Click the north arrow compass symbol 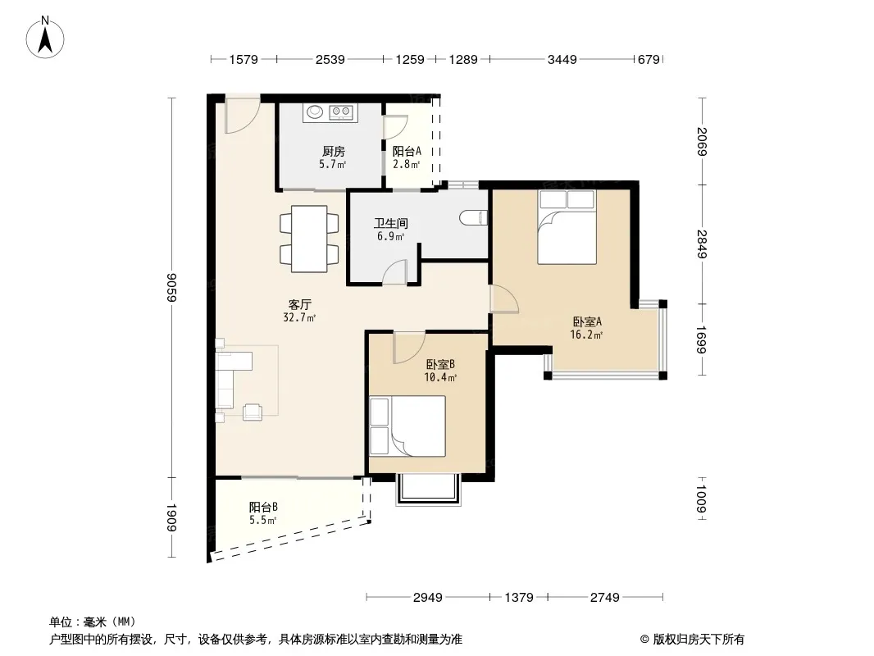(x=45, y=37)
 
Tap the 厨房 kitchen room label (x=334, y=151)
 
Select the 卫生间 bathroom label (x=391, y=224)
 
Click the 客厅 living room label (x=299, y=305)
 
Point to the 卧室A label (x=588, y=321)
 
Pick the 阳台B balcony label (x=263, y=508)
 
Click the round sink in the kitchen (x=315, y=112)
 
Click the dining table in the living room (x=309, y=239)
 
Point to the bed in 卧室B (x=407, y=426)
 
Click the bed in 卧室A (x=567, y=227)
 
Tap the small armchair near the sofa (x=253, y=412)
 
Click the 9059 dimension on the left (x=171, y=288)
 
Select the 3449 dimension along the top (x=562, y=59)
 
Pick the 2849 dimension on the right (x=702, y=244)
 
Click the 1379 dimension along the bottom (x=519, y=598)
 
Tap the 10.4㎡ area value (x=440, y=378)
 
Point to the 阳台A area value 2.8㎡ (x=406, y=165)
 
